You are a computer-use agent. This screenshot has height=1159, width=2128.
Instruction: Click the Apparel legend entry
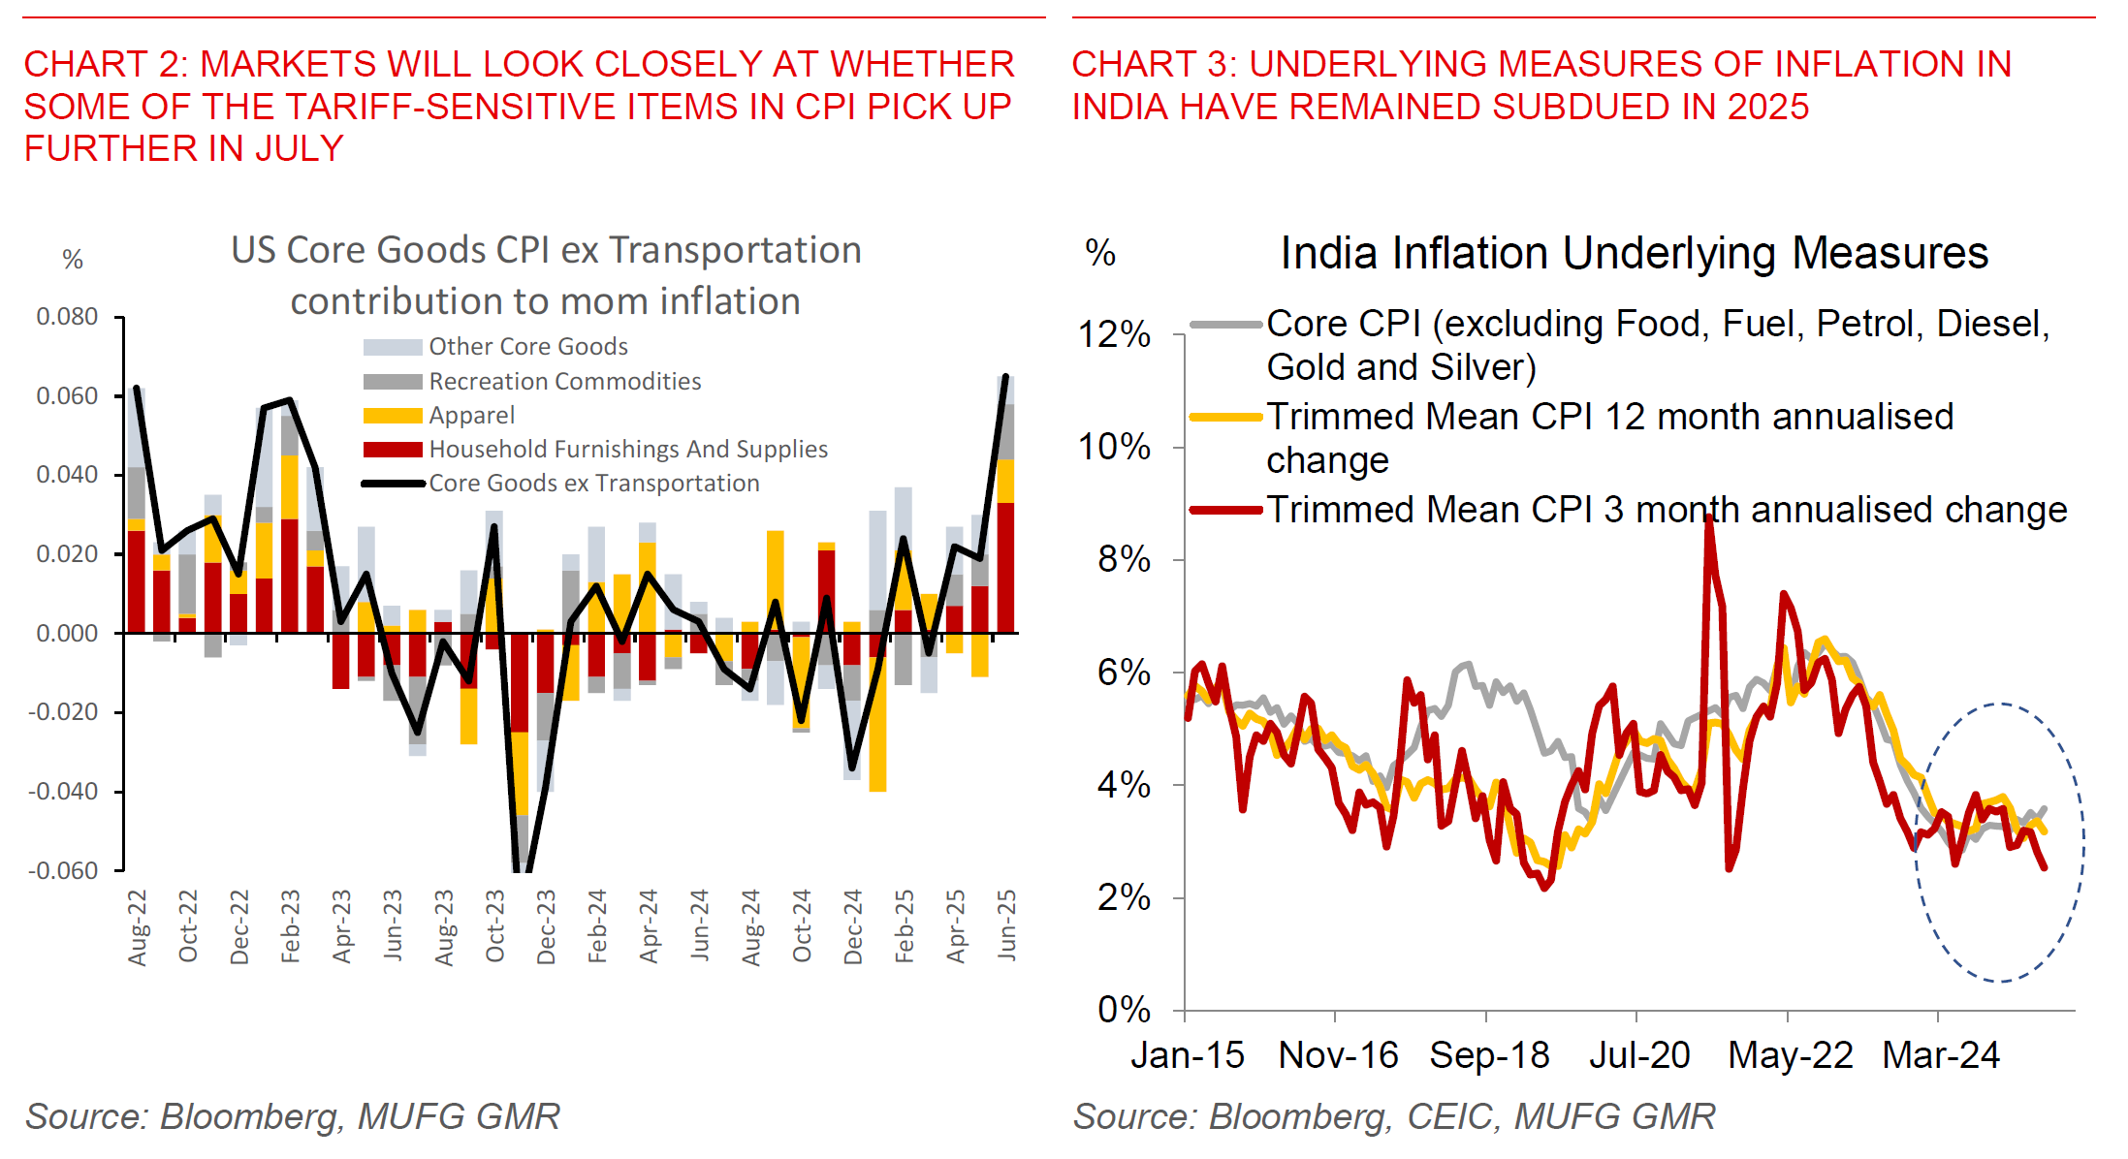click(x=471, y=416)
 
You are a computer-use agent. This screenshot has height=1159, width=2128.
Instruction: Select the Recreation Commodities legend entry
click(x=564, y=382)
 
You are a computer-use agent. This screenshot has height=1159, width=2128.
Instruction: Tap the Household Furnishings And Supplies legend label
click(x=628, y=450)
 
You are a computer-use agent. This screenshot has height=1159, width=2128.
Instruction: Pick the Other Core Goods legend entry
click(x=528, y=347)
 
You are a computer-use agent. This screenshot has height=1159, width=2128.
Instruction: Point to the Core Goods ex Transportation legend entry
click(x=593, y=484)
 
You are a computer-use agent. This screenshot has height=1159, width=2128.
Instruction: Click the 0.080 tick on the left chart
click(x=67, y=317)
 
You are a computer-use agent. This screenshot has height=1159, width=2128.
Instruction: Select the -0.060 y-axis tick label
click(x=63, y=870)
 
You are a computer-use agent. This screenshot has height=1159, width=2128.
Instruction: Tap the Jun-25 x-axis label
click(x=1007, y=925)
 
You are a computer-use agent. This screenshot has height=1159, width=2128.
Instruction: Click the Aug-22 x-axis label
click(x=138, y=927)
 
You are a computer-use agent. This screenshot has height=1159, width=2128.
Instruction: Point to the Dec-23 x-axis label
click(x=547, y=927)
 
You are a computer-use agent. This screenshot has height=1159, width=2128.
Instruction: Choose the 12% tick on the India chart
click(x=1114, y=335)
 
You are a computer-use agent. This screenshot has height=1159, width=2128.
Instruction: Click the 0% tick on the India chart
click(x=1124, y=1010)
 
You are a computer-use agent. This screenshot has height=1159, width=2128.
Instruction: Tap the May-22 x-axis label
click(x=1790, y=1055)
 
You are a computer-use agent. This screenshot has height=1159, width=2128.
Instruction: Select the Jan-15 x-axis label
click(x=1187, y=1055)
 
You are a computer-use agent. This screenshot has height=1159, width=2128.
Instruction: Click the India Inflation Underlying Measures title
click(x=1634, y=254)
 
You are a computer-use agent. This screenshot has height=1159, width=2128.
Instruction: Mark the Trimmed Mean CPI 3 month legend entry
click(x=1666, y=510)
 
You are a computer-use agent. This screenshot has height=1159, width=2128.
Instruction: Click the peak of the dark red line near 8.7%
click(x=1708, y=518)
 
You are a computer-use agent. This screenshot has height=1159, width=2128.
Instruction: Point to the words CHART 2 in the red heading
click(x=105, y=65)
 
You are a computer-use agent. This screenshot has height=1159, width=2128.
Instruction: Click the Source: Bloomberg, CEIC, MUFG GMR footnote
click(x=1393, y=1116)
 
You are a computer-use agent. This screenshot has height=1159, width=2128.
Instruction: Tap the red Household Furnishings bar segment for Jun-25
click(x=1006, y=567)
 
